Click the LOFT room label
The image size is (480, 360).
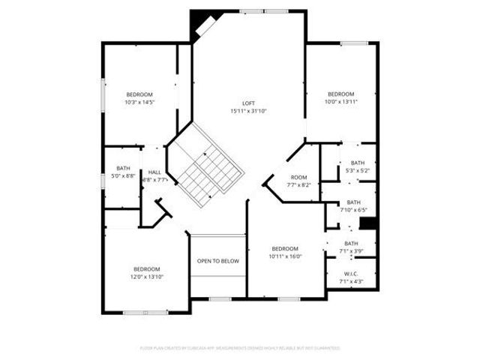pos(248,103)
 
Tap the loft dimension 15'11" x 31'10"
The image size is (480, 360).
pos(248,111)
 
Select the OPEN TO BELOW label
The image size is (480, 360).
pos(217,261)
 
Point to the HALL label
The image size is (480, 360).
pos(154,172)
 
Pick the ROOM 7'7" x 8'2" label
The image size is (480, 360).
pos(298,178)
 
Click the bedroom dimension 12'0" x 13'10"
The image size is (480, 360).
pos(147,277)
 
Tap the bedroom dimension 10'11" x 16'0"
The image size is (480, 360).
pos(285,256)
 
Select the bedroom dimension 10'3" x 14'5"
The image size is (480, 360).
pos(139,102)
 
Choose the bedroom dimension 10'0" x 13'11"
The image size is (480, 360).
pos(340,102)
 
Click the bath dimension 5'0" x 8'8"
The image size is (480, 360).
pos(124,175)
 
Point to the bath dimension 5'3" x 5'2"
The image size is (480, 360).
pos(358,170)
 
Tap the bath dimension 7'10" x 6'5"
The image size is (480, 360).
pos(353,209)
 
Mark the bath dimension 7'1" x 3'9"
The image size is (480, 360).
pos(351,250)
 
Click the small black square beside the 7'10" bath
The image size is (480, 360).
pos(367,223)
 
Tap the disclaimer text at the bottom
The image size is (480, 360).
pos(240,348)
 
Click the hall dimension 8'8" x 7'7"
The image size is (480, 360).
pos(154,180)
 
